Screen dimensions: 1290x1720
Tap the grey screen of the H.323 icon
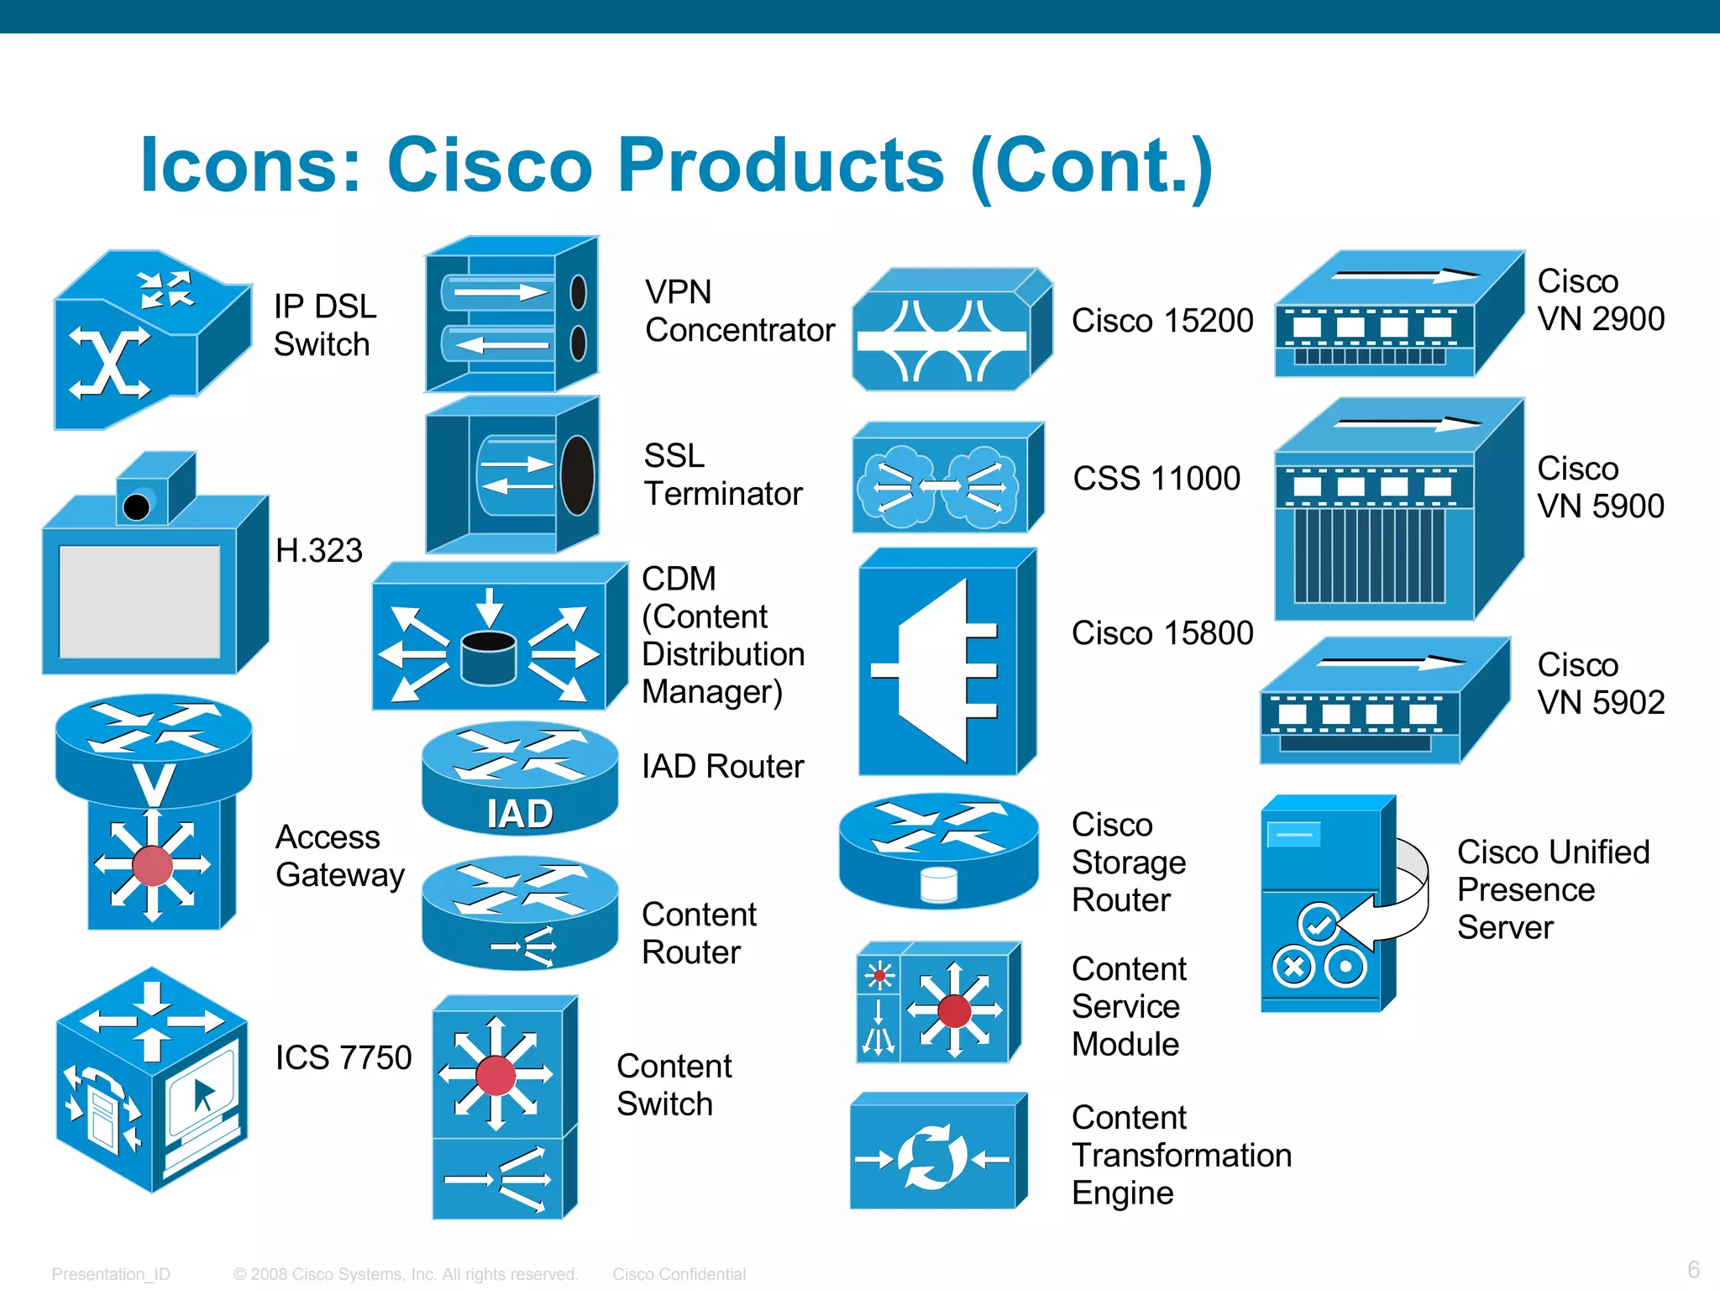point(139,601)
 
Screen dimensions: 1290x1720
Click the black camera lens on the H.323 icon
point(136,507)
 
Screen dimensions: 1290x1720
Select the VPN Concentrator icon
point(511,315)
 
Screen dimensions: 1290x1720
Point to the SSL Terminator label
point(722,475)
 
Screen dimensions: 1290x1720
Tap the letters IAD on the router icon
point(520,814)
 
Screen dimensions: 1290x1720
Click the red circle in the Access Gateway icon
point(153,866)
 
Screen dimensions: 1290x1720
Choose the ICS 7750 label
point(343,1057)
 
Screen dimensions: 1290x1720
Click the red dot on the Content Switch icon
point(496,1076)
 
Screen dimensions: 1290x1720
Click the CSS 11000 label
point(1156,479)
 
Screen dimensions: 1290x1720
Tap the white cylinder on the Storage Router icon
point(938,884)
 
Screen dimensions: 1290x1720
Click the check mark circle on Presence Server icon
point(1318,924)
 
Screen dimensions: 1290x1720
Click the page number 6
point(1693,1269)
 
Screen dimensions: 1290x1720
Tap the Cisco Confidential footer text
point(679,1274)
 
